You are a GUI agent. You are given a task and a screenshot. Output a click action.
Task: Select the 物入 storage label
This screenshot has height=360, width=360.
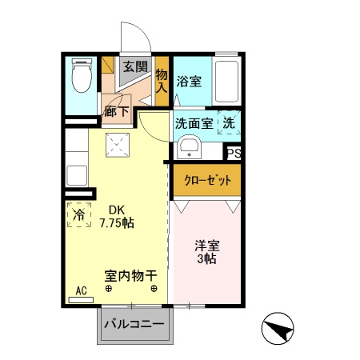point(162,80)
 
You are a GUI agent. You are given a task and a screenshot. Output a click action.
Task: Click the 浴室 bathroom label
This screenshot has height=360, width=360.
point(189,81)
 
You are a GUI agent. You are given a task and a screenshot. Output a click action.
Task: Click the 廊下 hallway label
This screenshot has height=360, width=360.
point(117,112)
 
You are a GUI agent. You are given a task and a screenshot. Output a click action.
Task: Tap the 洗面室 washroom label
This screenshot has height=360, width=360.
point(194,124)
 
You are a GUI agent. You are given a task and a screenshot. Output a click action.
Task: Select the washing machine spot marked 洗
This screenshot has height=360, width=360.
point(229,124)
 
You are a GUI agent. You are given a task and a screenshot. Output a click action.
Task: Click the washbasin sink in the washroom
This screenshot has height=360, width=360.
point(190,146)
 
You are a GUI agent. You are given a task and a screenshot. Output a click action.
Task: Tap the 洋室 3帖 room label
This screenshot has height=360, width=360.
point(207,252)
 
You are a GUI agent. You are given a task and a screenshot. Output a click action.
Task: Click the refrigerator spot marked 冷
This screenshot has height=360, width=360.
point(79,214)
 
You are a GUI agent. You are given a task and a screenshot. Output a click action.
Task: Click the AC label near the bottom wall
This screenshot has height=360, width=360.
point(81,291)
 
